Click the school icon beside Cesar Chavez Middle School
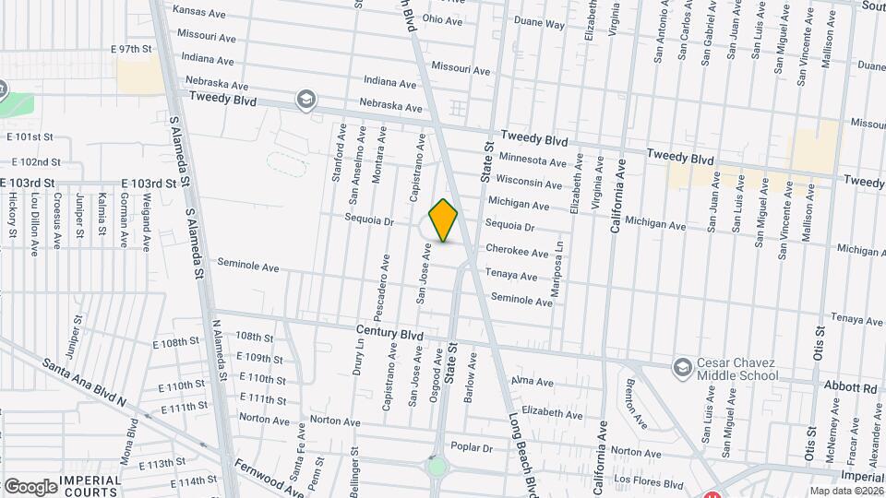(682, 368)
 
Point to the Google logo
(30, 487)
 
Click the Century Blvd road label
(389, 329)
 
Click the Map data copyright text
(842, 490)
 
